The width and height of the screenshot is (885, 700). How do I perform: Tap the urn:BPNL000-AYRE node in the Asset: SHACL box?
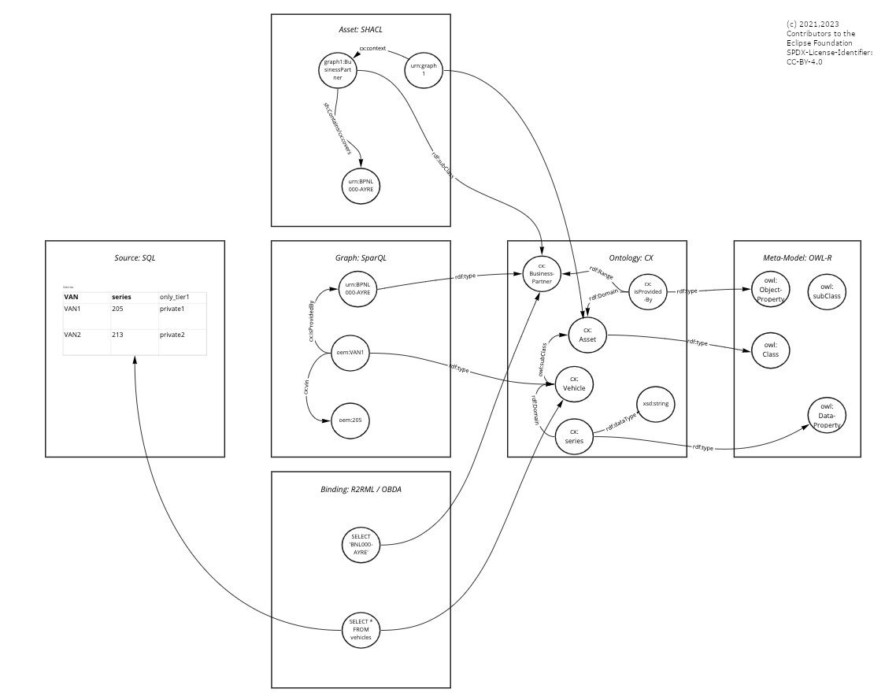point(361,185)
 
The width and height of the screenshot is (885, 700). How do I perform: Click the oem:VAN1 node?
point(350,352)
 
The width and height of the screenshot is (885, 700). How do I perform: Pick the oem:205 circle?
point(350,420)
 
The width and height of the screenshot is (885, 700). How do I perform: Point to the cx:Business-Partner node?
point(542,273)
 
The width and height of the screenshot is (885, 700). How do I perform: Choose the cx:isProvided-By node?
point(648,291)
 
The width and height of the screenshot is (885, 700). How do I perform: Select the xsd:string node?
point(655,404)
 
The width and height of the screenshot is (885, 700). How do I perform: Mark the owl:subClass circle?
point(827,291)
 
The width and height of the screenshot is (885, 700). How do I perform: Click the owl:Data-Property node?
point(827,415)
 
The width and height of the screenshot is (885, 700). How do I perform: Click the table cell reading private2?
point(182,335)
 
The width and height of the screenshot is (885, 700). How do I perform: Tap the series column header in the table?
point(122,297)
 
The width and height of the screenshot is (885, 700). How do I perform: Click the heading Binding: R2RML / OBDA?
point(360,489)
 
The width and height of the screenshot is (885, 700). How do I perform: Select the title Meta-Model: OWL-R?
point(797,257)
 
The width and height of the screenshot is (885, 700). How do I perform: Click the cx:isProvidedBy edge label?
point(311,321)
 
